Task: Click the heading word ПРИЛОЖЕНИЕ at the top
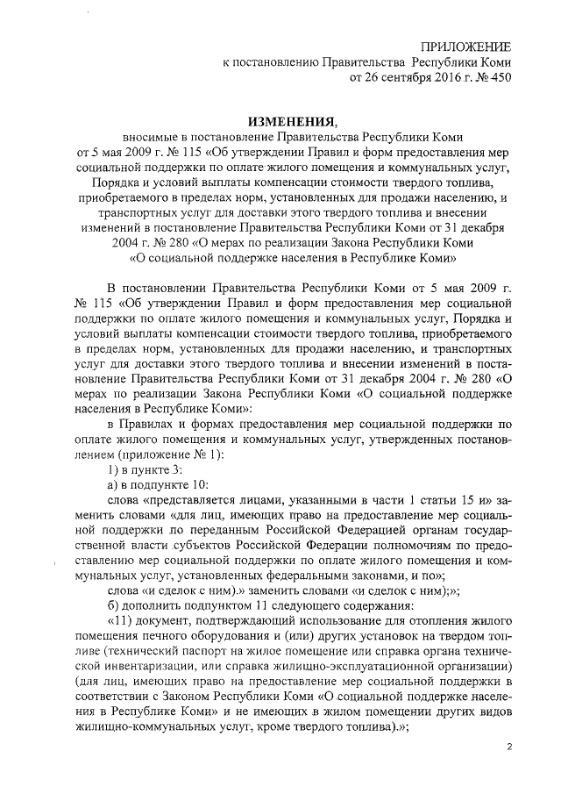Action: click(x=465, y=46)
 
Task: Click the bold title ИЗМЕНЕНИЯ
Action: click(x=280, y=120)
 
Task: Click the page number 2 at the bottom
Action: click(x=509, y=747)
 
